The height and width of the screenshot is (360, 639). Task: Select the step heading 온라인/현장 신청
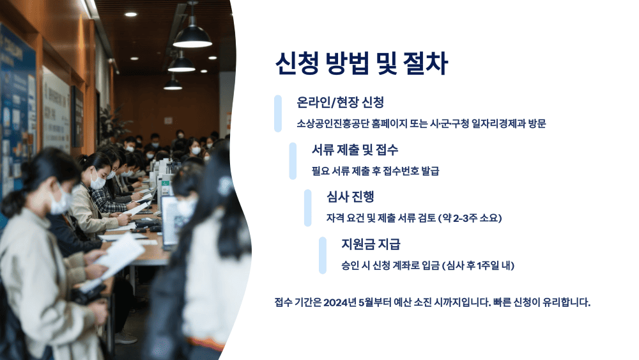tap(340, 102)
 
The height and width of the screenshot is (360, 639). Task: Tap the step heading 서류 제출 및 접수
tap(355, 150)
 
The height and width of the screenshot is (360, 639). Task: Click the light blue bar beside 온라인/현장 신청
tap(278, 113)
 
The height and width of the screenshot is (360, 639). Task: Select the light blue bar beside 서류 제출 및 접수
tap(293, 160)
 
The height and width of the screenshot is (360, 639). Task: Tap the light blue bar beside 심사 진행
tap(307, 208)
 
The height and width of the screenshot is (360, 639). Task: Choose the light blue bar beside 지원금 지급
tap(323, 255)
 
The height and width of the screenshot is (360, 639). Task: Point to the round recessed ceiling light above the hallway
tap(130, 13)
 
